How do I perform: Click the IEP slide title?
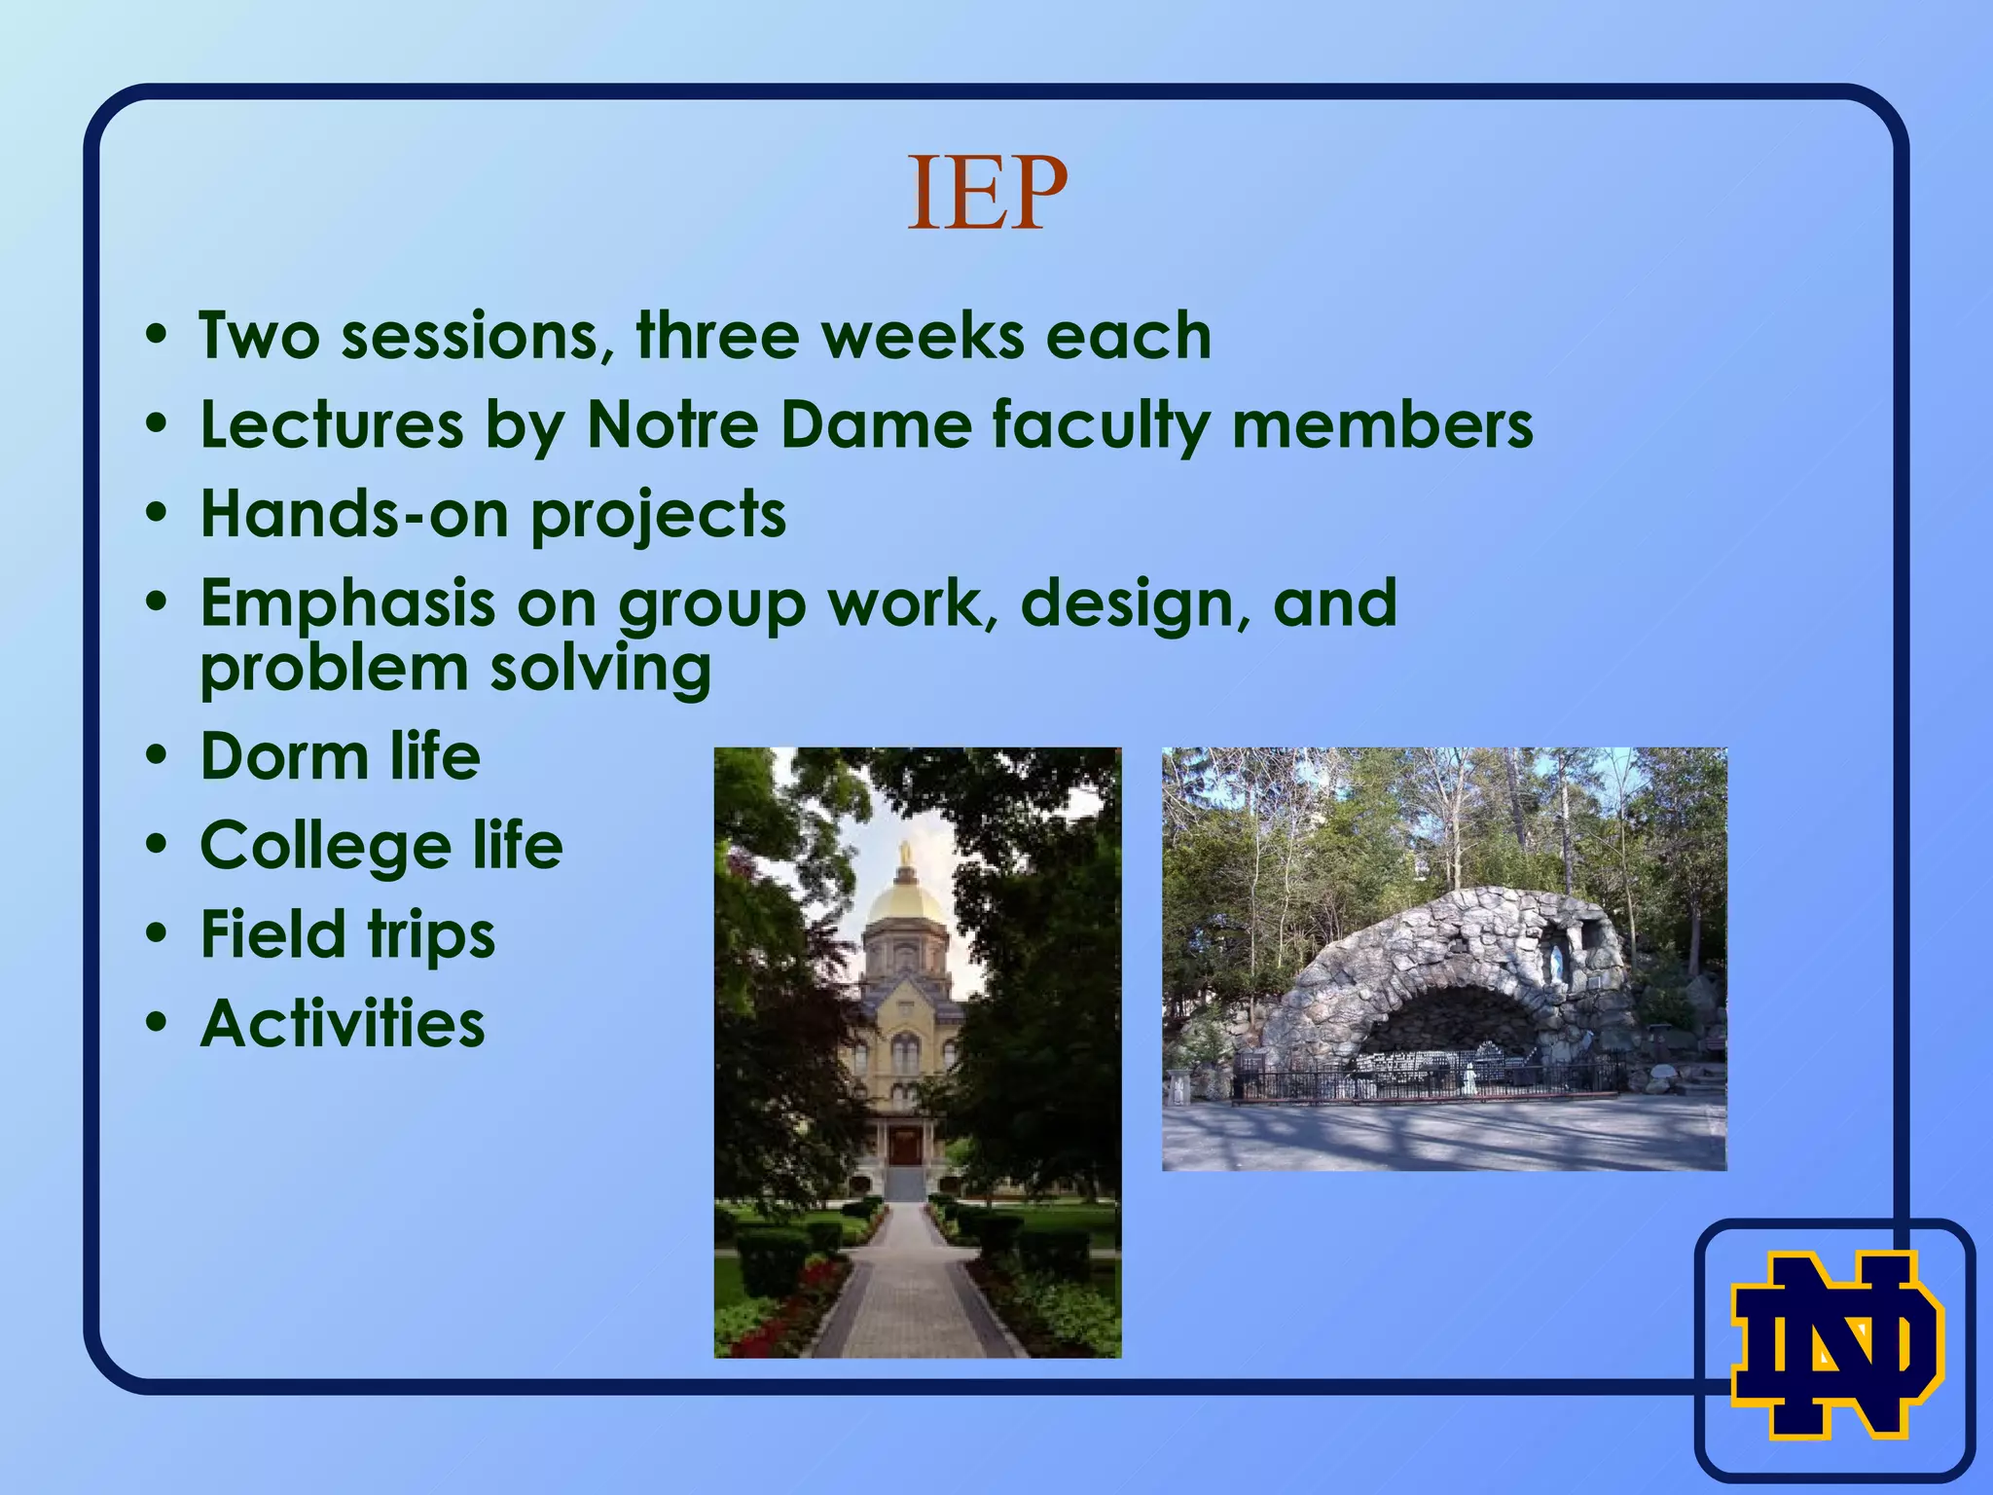pos(987,195)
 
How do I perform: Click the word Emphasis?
pos(347,604)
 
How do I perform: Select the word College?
pos(325,846)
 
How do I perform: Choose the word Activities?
pos(342,1024)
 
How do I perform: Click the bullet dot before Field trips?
pos(156,935)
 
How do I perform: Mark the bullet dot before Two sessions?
pos(156,336)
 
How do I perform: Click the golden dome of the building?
pos(905,900)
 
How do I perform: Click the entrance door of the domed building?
pos(905,1146)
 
